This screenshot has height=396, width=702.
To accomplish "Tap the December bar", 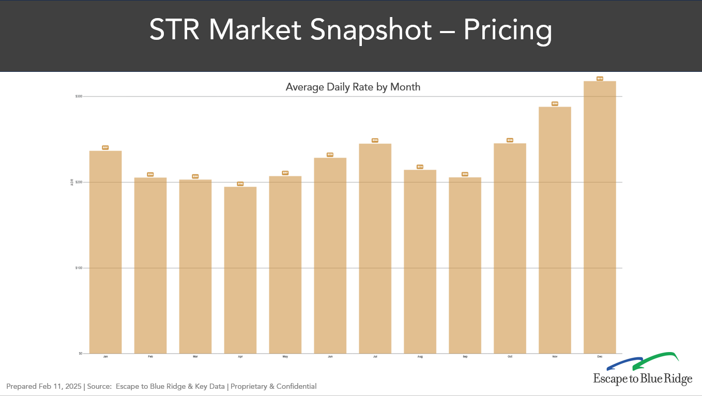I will click(600, 217).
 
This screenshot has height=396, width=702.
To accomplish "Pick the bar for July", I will click(375, 248).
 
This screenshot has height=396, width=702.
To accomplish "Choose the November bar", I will click(555, 230).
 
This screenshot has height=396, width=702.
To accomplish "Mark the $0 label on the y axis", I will click(81, 354).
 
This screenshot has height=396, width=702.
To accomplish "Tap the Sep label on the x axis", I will click(465, 357).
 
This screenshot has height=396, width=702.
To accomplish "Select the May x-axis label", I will click(285, 357).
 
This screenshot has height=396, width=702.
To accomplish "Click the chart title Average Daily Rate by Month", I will click(353, 87).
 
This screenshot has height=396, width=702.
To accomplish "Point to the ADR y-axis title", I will click(72, 182).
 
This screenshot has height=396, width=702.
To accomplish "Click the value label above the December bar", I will click(600, 79).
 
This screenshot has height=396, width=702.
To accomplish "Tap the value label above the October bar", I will click(510, 140).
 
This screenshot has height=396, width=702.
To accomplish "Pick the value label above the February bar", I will click(150, 174).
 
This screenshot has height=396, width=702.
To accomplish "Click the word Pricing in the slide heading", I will click(507, 30).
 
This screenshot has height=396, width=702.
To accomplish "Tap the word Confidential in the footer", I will click(297, 386).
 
